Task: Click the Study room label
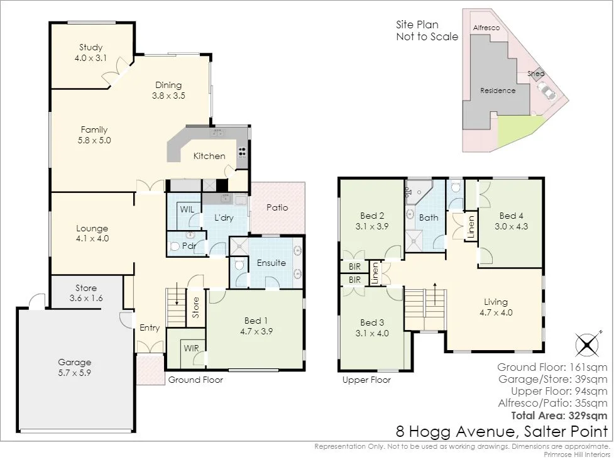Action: [x=91, y=52]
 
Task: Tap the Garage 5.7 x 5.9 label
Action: [x=75, y=367]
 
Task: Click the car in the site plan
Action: [x=549, y=94]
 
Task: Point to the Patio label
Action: [x=277, y=207]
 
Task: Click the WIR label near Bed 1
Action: [x=192, y=347]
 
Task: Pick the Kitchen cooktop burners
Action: [x=241, y=151]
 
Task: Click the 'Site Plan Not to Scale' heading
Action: [x=427, y=31]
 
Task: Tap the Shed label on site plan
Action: [x=536, y=74]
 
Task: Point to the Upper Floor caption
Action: [x=366, y=380]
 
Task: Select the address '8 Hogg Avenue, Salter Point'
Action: [x=502, y=431]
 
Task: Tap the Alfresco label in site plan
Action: [x=485, y=28]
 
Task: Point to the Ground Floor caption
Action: [x=195, y=380]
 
